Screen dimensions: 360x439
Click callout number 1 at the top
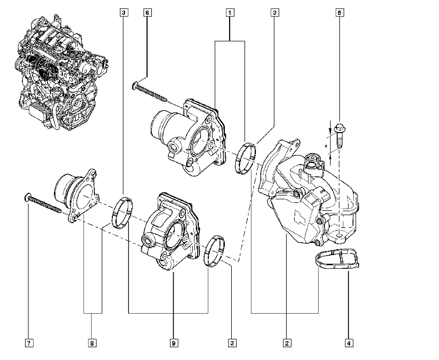tap(230, 11)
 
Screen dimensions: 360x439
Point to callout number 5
tap(339, 11)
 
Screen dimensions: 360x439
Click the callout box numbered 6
tap(148, 11)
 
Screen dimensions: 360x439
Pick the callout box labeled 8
tap(93, 343)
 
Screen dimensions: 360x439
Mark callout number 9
tap(173, 343)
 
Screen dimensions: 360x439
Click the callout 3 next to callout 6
tap(124, 11)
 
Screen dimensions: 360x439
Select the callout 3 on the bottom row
tap(232, 343)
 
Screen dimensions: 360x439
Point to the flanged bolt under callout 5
tap(339, 133)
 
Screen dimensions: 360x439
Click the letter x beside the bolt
tap(326, 145)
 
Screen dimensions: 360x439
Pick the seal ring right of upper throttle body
tap(246, 158)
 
